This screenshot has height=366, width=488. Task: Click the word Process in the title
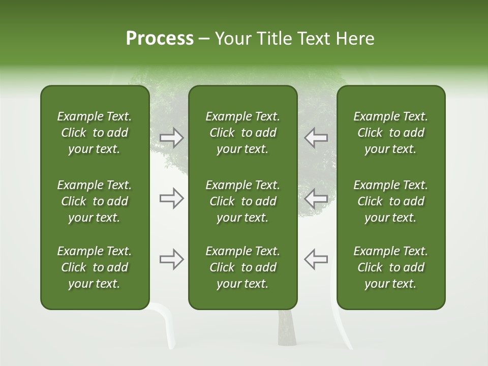tap(160, 39)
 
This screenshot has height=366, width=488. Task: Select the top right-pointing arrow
tap(172, 138)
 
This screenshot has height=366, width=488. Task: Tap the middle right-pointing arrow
tap(172, 198)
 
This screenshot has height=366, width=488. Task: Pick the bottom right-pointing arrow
tap(172, 259)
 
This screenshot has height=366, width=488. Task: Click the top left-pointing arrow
tap(316, 138)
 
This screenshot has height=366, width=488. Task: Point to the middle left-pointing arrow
tap(316, 198)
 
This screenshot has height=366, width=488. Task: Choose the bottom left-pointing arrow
tap(316, 259)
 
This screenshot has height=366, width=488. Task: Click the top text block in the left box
tap(95, 133)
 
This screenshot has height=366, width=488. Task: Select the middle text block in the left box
tap(95, 201)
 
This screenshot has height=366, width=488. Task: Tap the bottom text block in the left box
tap(95, 267)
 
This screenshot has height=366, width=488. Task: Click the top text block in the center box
tap(242, 133)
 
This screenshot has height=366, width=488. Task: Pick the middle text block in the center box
tap(242, 201)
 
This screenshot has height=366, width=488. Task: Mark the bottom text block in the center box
tap(242, 267)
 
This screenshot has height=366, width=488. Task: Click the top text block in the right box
tap(390, 133)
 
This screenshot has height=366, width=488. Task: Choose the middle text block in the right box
tap(390, 201)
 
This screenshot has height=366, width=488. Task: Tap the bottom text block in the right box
tap(390, 267)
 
